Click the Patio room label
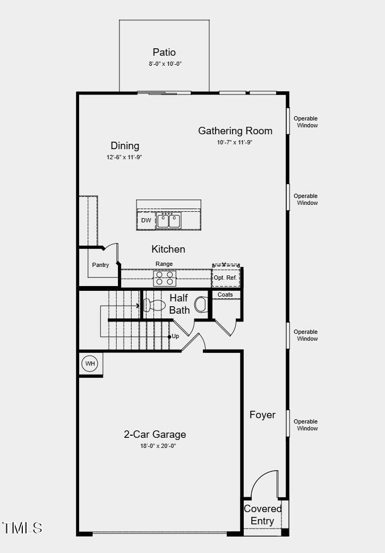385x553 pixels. (164, 52)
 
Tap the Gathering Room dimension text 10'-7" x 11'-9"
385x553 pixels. (235, 142)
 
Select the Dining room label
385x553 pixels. (125, 145)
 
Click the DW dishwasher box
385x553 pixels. (146, 220)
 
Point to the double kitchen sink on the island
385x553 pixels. (169, 220)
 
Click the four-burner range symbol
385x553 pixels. (165, 278)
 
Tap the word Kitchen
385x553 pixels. (168, 249)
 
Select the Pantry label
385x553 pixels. (100, 265)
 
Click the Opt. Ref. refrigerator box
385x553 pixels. (225, 278)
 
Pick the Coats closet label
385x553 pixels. (226, 295)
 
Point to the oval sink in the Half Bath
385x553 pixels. (201, 305)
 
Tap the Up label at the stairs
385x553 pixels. (175, 336)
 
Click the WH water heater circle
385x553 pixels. (89, 364)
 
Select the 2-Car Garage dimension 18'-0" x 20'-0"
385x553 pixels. (155, 446)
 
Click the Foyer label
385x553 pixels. (262, 414)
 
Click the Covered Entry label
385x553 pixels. (263, 515)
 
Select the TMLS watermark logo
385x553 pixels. (22, 528)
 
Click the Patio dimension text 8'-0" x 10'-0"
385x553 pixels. (164, 64)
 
